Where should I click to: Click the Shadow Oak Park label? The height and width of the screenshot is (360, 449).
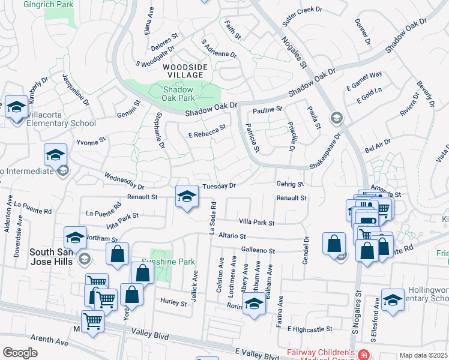click(x=179, y=93)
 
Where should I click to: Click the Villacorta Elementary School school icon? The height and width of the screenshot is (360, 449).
click(x=16, y=108)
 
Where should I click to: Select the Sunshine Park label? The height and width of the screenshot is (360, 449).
click(x=160, y=262)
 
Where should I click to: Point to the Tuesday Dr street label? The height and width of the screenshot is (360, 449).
click(x=218, y=186)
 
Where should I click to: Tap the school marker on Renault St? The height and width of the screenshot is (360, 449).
click(x=187, y=196)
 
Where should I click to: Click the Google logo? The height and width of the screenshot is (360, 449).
click(x=20, y=352)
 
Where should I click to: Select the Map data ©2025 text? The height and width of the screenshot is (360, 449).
click(x=423, y=355)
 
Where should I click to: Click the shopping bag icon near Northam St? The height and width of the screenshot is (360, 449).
click(x=118, y=253)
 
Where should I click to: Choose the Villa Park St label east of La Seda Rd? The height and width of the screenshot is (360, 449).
click(x=256, y=223)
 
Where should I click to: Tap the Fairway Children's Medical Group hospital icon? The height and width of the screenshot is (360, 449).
click(x=363, y=355)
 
